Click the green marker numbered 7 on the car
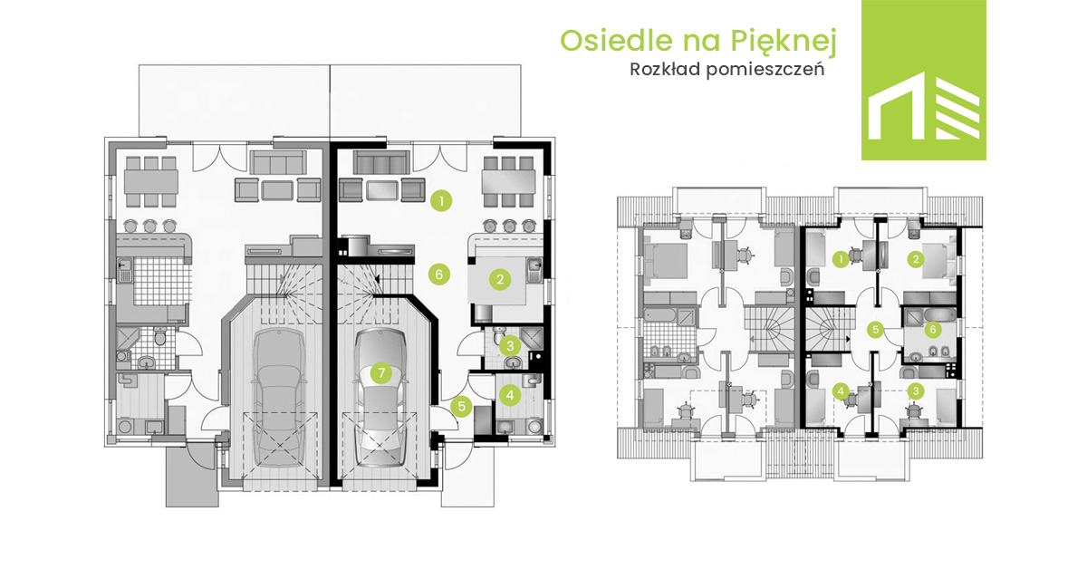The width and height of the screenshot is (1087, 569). point(381,373)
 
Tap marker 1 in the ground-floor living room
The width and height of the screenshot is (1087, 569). point(441,200)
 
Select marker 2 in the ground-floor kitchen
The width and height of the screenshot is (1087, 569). point(500,279)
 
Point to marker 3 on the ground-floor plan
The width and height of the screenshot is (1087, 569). point(510,346)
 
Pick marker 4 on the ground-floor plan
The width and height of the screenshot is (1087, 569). point(509,395)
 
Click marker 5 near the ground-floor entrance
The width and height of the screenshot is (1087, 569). point(461,406)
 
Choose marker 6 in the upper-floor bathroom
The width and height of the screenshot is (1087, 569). point(933,330)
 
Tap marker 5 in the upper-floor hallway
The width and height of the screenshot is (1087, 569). point(875,330)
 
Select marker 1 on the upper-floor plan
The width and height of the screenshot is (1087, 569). point(841,259)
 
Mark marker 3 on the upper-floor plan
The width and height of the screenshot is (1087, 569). point(916,391)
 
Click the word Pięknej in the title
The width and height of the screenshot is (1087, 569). point(784,42)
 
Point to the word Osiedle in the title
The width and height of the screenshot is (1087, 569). point(617,40)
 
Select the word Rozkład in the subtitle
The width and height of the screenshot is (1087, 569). point(665,70)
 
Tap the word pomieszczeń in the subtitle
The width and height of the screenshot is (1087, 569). point(765,71)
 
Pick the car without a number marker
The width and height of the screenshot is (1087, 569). point(278,398)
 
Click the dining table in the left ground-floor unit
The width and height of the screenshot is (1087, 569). point(151,181)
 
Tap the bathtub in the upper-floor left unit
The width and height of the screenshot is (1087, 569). point(659,316)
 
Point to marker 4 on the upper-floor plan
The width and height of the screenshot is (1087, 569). point(841,391)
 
